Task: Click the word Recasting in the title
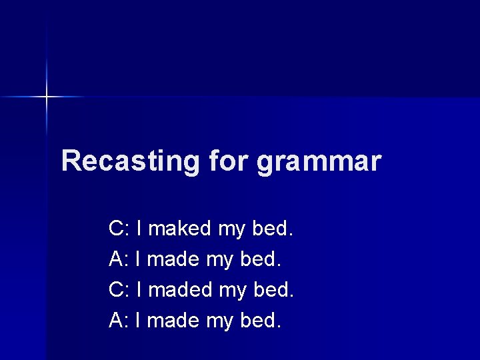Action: tap(129, 161)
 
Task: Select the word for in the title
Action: tap(227, 161)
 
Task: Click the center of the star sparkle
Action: tap(47, 97)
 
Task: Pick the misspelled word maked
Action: tap(179, 229)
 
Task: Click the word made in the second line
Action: tap(173, 259)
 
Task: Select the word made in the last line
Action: tap(173, 321)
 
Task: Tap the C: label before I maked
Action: tap(119, 229)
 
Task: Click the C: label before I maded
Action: tap(119, 290)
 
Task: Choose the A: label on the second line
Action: tap(119, 259)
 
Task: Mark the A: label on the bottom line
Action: tap(119, 321)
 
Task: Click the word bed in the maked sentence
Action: tap(271, 229)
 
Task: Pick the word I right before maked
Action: tap(138, 229)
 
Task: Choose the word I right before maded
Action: tap(138, 290)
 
